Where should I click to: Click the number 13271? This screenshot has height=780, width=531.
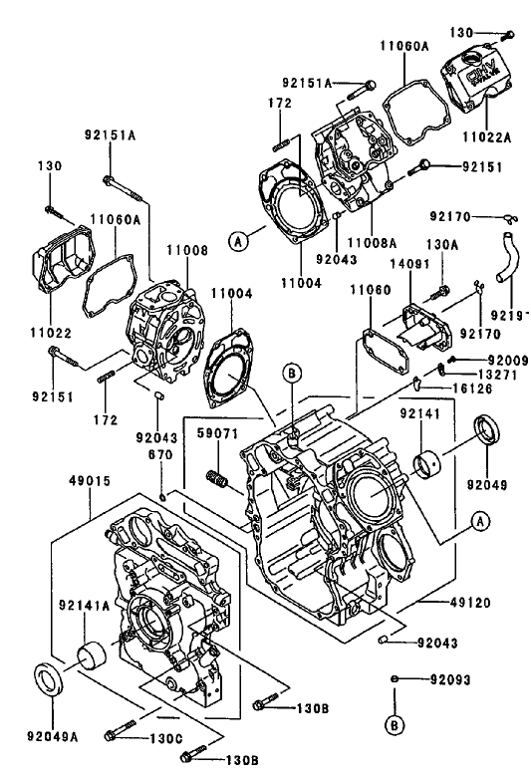495,376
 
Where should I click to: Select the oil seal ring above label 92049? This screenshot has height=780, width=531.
488,434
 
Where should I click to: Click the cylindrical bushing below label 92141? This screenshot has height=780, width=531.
430,465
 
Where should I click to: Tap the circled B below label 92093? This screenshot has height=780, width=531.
395,723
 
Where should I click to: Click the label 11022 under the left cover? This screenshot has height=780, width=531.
47,330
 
